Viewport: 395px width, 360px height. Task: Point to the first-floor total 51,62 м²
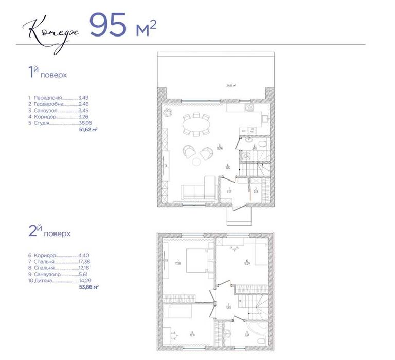(88, 131)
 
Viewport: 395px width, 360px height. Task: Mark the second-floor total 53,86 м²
(88, 287)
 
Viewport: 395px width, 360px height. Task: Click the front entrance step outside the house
(238, 215)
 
